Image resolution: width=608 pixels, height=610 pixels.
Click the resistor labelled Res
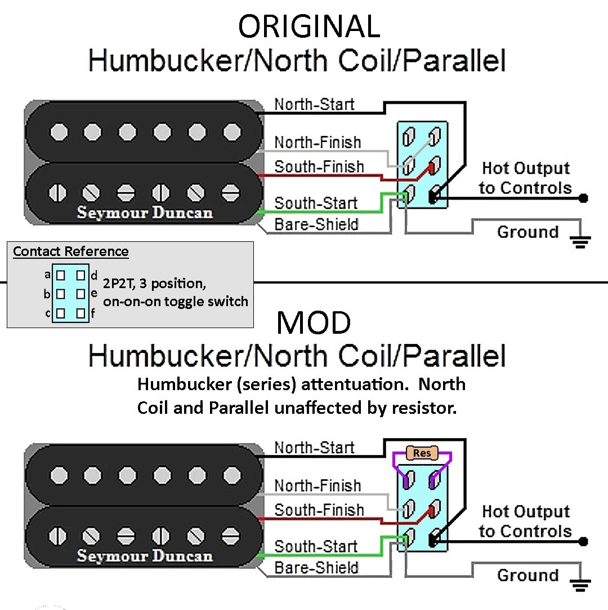422,453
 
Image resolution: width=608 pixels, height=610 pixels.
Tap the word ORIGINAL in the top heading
309,26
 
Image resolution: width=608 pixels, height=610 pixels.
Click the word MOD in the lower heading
314,322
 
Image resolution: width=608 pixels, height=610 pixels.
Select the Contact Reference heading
71,251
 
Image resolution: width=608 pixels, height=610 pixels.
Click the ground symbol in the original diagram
580,242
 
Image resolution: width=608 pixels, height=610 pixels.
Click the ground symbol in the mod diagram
580,585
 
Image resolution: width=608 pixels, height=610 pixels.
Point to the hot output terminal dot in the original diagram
583,198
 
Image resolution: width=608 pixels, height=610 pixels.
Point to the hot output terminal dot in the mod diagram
583,542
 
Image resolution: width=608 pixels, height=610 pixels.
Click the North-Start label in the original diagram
314,104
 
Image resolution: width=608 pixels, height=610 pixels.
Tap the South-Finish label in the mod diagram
319,510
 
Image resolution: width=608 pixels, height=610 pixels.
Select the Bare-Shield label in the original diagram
316,224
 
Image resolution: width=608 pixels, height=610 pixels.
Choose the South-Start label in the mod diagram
316,546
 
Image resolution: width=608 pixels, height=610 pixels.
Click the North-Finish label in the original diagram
318,143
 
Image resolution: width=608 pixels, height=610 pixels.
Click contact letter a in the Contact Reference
47,275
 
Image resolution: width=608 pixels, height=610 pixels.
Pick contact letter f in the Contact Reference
93,313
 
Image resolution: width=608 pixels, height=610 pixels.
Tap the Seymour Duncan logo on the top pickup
145,213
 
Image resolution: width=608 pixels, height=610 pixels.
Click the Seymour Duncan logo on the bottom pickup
145,555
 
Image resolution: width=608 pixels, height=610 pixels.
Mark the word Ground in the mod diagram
527,575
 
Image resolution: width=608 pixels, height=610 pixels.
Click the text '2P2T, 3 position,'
155,284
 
